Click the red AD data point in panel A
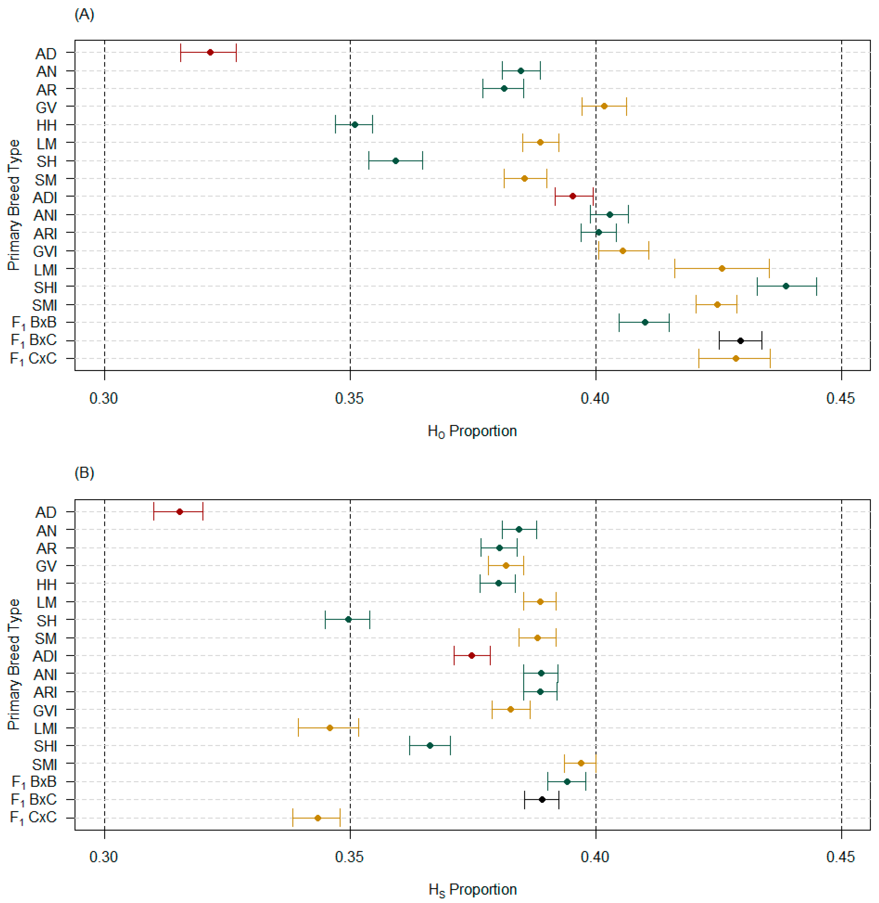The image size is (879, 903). pos(210,52)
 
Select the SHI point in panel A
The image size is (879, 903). pos(786,286)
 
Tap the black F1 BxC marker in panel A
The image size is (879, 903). pos(740,341)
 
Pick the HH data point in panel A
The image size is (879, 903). pos(355,125)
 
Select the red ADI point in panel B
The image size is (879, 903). pos(471,655)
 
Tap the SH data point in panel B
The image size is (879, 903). pos(348,619)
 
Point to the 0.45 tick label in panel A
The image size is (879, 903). pos(841,398)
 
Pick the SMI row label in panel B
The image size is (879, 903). pos(45,765)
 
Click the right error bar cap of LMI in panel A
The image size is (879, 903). pos(769,268)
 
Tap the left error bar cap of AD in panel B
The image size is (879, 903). pos(154,512)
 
